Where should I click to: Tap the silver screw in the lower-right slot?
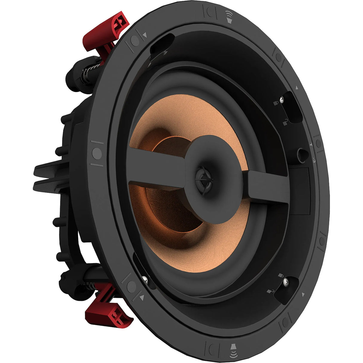click(286, 281)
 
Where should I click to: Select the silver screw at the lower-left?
click(145, 279)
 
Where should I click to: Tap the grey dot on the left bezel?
click(97, 153)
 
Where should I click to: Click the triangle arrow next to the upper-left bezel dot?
click(145, 35)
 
